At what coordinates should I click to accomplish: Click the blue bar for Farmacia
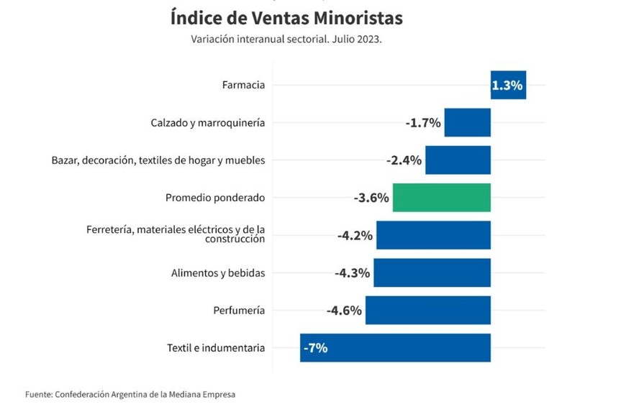508,85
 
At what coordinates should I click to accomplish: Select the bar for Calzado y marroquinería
467,122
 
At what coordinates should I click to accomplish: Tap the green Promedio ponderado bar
441,198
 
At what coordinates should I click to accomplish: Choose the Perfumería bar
427,311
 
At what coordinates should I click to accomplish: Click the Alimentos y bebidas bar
432,273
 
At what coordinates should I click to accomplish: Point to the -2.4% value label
404,160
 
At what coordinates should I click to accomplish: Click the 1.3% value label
507,85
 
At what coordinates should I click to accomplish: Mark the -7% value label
316,348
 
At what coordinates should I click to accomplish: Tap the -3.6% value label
371,198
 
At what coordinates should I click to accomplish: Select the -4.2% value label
355,235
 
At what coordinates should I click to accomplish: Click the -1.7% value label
423,122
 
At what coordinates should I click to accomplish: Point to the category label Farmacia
243,85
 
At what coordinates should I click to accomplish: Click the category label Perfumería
239,311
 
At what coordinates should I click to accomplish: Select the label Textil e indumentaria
216,348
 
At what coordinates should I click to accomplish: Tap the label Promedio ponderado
215,198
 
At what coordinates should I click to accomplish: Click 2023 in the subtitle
366,40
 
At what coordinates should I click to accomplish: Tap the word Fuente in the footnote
38,394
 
